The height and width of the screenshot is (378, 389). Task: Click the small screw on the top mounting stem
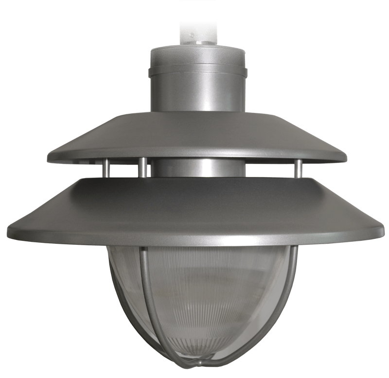[192, 35]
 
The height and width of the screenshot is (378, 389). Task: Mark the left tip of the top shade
[49, 158]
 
